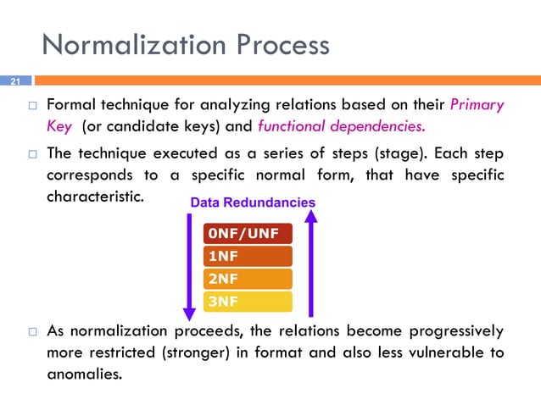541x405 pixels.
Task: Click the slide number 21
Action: point(14,82)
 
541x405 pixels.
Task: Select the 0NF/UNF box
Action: point(248,234)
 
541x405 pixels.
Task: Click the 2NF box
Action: point(248,279)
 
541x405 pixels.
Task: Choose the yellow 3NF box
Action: point(248,301)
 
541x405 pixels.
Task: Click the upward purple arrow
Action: point(311,263)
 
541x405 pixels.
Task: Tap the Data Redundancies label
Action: point(253,203)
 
